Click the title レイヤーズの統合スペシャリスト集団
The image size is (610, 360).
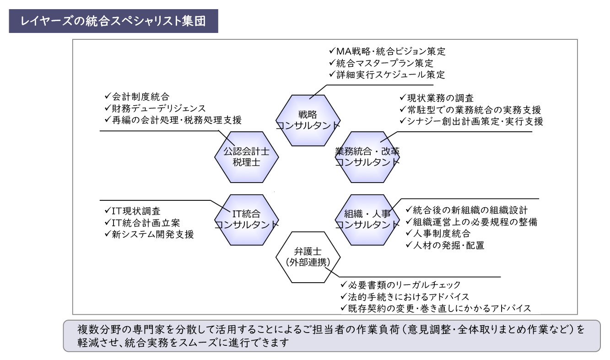113,21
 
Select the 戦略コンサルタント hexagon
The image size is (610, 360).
308,120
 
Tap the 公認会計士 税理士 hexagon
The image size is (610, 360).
247,157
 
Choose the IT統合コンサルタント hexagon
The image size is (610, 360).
247,220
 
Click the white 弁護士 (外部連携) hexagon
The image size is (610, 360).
308,257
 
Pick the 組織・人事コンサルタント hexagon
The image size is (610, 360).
367,220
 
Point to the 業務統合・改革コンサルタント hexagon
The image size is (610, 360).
367,157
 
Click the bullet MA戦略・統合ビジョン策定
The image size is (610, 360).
387,51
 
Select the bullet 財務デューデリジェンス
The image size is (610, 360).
155,108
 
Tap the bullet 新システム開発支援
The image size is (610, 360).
149,234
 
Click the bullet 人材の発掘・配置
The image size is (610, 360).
445,245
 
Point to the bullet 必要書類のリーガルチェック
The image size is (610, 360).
400,285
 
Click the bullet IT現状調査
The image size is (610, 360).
133,211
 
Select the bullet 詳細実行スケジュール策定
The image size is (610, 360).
387,75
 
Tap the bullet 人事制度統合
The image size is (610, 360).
438,233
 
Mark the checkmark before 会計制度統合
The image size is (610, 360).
108,96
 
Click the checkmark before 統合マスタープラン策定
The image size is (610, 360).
332,63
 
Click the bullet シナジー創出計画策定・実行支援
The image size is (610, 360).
471,121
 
